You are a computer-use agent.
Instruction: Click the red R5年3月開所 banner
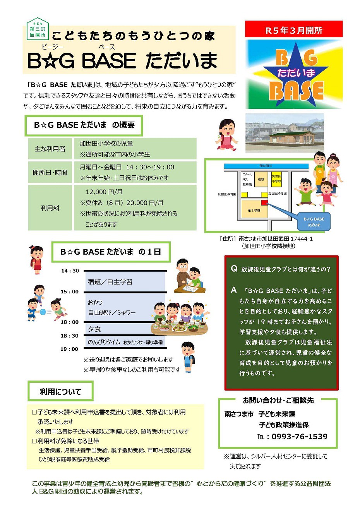(x=294, y=30)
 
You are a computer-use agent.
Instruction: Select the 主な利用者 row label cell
(x=50, y=149)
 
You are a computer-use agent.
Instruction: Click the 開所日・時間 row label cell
(x=50, y=173)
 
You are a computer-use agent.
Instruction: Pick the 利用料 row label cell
(x=50, y=208)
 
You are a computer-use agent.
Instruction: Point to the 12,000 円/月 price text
(x=104, y=192)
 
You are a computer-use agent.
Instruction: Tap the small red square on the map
(x=264, y=202)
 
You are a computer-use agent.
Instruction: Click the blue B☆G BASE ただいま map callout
(x=314, y=222)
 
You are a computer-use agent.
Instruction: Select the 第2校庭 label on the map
(x=254, y=210)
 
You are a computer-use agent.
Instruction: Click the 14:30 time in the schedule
(x=70, y=271)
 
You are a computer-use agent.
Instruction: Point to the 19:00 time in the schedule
(x=69, y=349)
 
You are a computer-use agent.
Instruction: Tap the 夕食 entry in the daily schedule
(x=94, y=329)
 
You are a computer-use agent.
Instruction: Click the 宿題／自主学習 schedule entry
(x=110, y=282)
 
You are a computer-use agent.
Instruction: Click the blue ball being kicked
(x=43, y=312)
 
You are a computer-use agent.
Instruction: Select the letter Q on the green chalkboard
(x=234, y=269)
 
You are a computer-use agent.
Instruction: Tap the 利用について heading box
(x=60, y=392)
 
